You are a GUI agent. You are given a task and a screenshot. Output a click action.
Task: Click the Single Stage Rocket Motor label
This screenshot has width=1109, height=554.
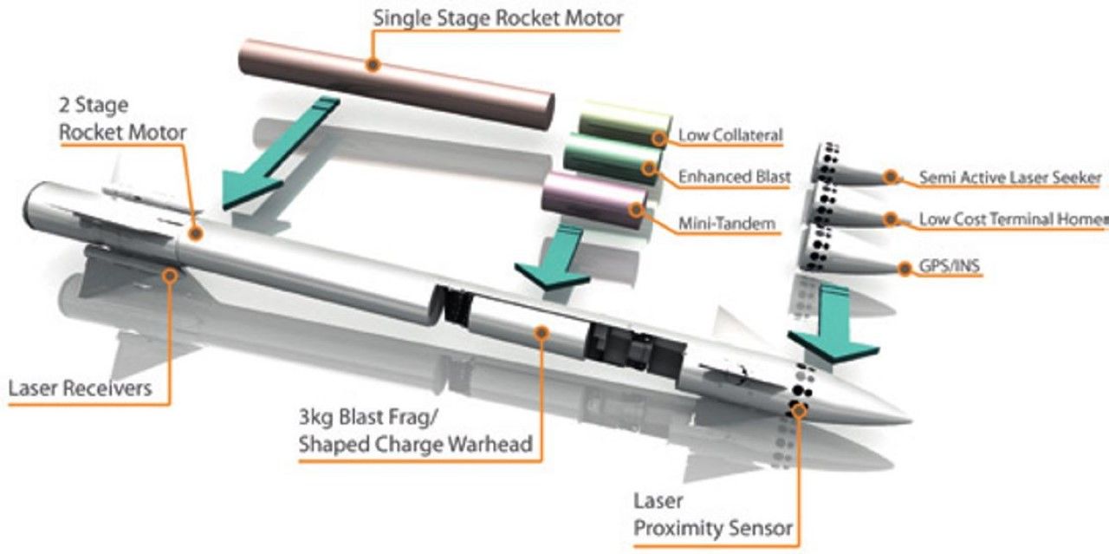[497, 17]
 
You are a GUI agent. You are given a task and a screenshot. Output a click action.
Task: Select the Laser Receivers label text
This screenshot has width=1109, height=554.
[79, 388]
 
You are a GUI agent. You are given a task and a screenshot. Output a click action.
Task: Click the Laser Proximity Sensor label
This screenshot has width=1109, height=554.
[712, 515]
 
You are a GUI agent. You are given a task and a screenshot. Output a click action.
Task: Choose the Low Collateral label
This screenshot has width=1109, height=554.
[730, 135]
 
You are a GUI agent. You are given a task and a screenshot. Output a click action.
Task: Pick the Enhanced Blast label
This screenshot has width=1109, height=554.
[734, 177]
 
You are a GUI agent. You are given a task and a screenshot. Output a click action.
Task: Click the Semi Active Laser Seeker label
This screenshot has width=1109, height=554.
[1009, 178]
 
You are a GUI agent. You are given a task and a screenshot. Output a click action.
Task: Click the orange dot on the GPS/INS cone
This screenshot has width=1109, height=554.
[905, 269]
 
